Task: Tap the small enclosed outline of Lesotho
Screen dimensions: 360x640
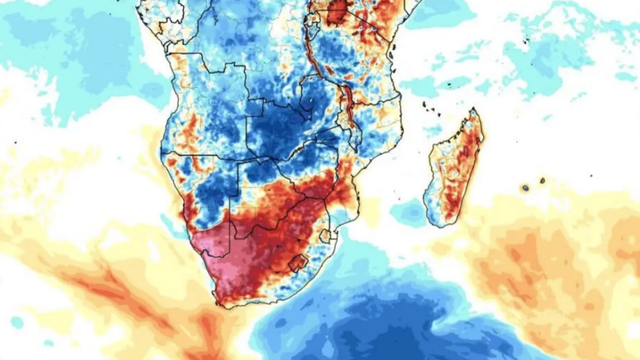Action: coord(296,264)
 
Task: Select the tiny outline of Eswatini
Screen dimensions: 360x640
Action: coord(326,237)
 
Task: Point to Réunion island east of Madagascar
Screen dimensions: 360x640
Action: coord(525,187)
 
